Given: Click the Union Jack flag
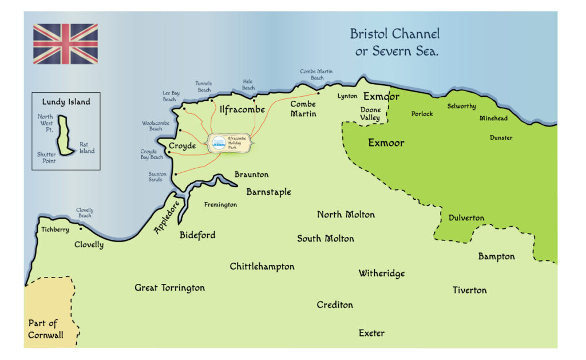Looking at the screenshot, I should (65, 44).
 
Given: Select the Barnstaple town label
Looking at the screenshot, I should (268, 192).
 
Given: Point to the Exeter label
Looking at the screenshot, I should (371, 333).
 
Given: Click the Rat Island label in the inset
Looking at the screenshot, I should (87, 148).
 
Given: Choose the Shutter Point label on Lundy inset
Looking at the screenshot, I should (46, 158).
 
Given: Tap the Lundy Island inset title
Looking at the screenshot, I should (66, 102).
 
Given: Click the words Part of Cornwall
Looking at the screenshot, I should (46, 329).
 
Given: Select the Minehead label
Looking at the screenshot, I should (493, 118).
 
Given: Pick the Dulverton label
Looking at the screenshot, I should (466, 218).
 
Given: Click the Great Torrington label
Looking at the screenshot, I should (169, 287).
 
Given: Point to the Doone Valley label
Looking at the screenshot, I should (370, 114).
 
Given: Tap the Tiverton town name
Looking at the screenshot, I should (469, 290).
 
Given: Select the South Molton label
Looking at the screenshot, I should (325, 239).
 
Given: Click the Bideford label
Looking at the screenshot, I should (197, 235).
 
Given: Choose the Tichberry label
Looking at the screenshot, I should (55, 230).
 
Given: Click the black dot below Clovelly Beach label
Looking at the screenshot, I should (81, 228).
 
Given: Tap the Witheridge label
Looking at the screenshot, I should (381, 274).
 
